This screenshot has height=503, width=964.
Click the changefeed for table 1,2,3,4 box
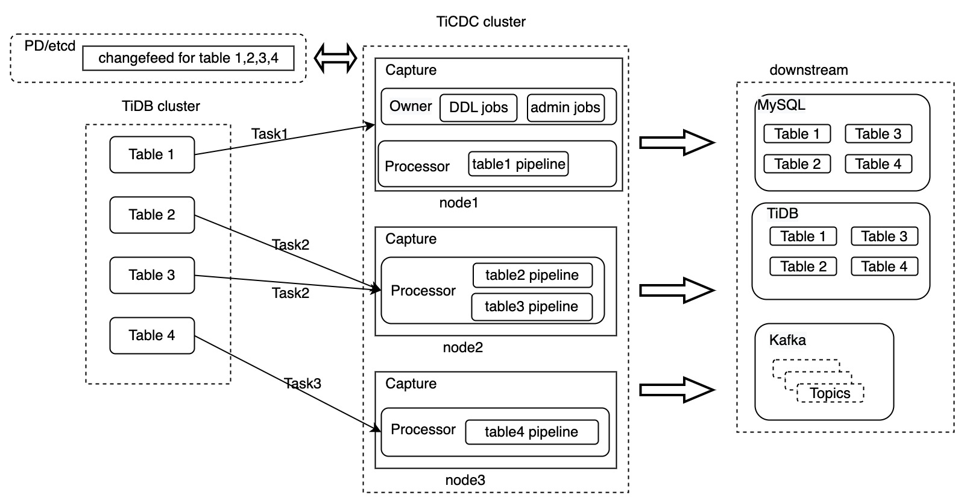(188, 59)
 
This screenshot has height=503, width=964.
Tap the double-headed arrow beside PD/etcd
(336, 59)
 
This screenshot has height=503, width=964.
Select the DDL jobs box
(478, 108)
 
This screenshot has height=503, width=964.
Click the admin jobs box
(565, 108)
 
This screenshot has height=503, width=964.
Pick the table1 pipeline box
(518, 164)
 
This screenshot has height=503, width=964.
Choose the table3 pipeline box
(531, 306)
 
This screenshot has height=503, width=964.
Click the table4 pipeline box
(531, 432)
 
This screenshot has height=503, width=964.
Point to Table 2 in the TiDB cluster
(151, 215)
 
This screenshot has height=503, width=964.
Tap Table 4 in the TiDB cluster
(151, 335)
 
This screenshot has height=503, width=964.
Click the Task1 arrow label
(269, 134)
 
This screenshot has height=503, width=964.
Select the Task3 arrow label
(303, 384)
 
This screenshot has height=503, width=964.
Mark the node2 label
(462, 347)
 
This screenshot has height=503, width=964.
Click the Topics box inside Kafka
(830, 393)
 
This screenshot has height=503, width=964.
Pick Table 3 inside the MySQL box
(878, 134)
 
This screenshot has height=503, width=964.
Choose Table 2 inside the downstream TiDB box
(802, 267)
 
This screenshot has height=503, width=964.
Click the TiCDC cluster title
(480, 22)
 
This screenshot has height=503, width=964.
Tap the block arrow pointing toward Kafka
(676, 390)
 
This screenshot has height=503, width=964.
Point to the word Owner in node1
(411, 106)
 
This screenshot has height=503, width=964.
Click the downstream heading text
(808, 70)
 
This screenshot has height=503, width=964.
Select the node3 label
(465, 480)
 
